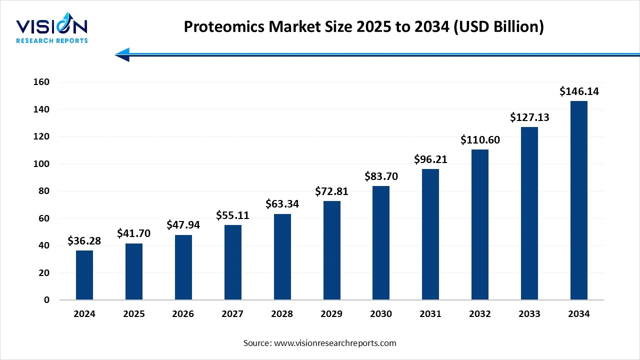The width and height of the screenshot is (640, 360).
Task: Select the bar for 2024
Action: tap(84, 275)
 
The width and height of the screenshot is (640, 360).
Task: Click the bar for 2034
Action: tap(579, 200)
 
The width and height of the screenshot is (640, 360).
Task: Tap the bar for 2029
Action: tap(331, 250)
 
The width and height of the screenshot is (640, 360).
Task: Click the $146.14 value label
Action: tap(579, 91)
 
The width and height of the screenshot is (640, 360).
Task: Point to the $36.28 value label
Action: tap(84, 241)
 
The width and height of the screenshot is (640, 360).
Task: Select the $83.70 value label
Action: tap(381, 176)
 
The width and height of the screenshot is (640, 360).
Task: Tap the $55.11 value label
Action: tap(232, 215)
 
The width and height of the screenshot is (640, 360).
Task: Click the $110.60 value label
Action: tap(480, 140)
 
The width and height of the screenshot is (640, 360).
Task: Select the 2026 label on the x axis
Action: tap(183, 314)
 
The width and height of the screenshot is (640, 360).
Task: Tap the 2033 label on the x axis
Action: tap(529, 314)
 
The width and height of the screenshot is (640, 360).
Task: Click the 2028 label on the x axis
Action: tap(282, 314)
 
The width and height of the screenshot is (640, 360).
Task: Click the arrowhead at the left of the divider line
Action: tap(122, 54)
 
